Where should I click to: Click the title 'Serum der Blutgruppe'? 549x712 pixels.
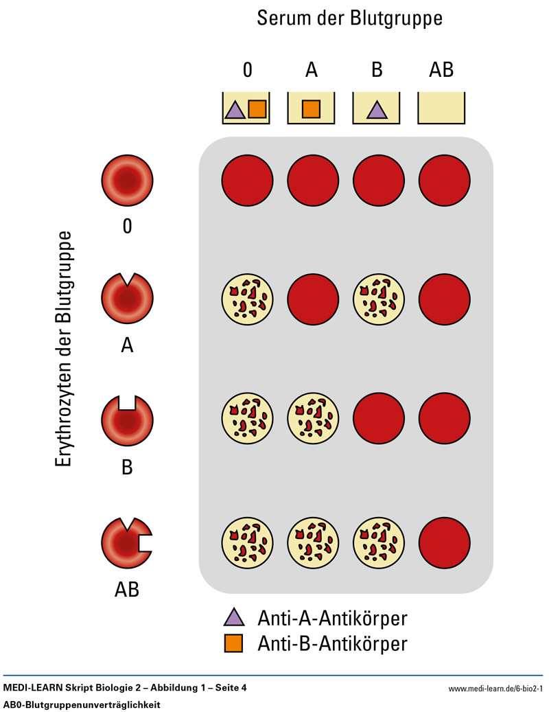pyautogui.click(x=349, y=19)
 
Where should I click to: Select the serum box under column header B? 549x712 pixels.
pyautogui.click(x=376, y=108)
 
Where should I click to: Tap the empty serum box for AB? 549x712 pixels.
pyautogui.click(x=442, y=108)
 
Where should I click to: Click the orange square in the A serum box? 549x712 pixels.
pyautogui.click(x=311, y=108)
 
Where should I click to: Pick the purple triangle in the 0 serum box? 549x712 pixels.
pyautogui.click(x=234, y=109)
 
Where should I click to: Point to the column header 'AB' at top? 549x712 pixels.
pyautogui.click(x=442, y=70)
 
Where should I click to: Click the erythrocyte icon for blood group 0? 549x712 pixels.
pyautogui.click(x=127, y=181)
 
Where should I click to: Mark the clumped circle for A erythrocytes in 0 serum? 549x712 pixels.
pyautogui.click(x=247, y=299)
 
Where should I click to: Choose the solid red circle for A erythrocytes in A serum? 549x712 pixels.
pyautogui.click(x=313, y=299)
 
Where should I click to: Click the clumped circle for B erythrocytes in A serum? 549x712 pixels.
pyautogui.click(x=313, y=420)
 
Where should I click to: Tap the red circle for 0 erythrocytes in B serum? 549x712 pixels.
pyautogui.click(x=379, y=181)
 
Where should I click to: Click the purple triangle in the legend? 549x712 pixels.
pyautogui.click(x=233, y=618)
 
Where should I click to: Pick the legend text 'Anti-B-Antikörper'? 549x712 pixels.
pyautogui.click(x=332, y=644)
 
